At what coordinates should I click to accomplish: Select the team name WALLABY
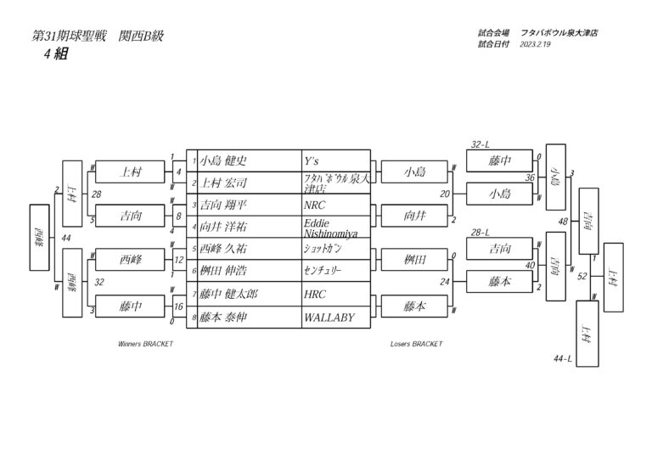click(x=328, y=318)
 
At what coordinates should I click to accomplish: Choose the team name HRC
click(x=315, y=295)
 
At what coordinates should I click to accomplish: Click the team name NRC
click(x=315, y=205)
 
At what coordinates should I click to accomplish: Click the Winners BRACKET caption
click(x=145, y=345)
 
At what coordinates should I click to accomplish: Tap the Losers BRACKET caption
click(x=416, y=345)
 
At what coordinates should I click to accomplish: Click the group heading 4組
click(x=56, y=53)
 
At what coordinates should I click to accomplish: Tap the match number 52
click(x=582, y=275)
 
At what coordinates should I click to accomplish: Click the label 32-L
click(x=481, y=144)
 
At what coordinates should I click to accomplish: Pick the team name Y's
click(x=312, y=160)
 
